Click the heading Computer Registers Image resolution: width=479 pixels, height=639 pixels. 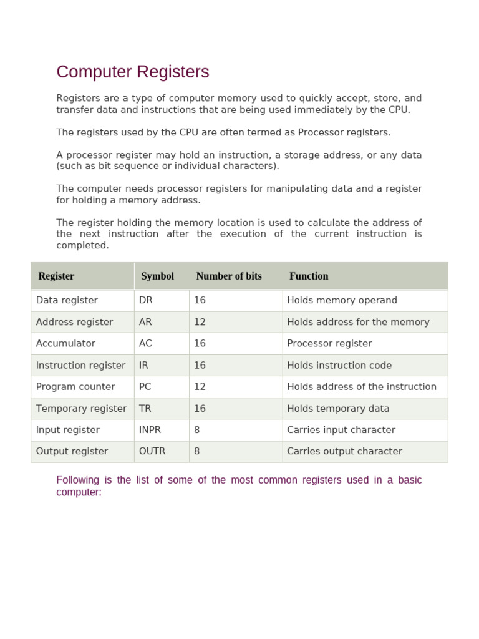[132, 72]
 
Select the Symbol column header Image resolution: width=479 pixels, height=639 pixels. [157, 276]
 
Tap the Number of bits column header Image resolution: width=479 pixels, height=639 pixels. [229, 276]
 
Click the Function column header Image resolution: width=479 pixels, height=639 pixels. [309, 276]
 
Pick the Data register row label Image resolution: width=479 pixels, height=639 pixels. [67, 300]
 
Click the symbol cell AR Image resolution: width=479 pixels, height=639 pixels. [145, 322]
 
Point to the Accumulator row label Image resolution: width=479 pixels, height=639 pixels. [65, 343]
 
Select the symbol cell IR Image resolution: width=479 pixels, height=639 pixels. [143, 365]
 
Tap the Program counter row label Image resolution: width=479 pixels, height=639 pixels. [75, 386]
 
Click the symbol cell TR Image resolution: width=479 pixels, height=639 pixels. [145, 408]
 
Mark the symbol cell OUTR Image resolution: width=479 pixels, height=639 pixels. [152, 451]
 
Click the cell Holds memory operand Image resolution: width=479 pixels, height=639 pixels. [342, 300]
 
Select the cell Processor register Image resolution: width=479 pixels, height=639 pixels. [329, 343]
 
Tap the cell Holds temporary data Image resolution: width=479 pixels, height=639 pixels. [338, 408]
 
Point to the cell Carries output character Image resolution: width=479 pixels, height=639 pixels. [344, 451]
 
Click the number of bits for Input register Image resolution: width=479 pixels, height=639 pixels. [197, 429]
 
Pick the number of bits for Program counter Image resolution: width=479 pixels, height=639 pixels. [200, 386]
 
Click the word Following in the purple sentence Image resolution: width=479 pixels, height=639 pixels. [77, 480]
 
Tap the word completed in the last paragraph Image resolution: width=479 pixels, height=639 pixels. [82, 245]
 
